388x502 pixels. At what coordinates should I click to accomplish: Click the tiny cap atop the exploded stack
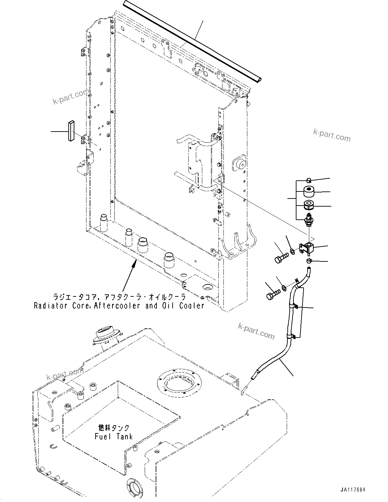pos(309,179)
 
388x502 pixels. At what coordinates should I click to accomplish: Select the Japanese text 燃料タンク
pos(114,428)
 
